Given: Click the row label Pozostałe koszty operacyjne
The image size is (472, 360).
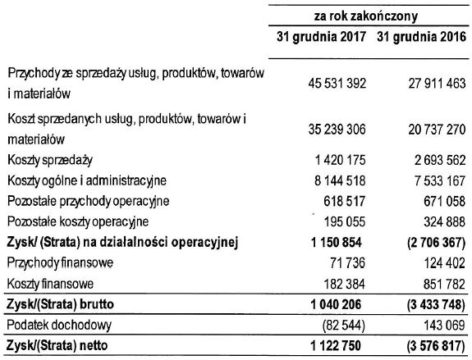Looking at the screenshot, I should tap(77, 222).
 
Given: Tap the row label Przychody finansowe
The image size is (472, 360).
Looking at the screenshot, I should tap(62, 263).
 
